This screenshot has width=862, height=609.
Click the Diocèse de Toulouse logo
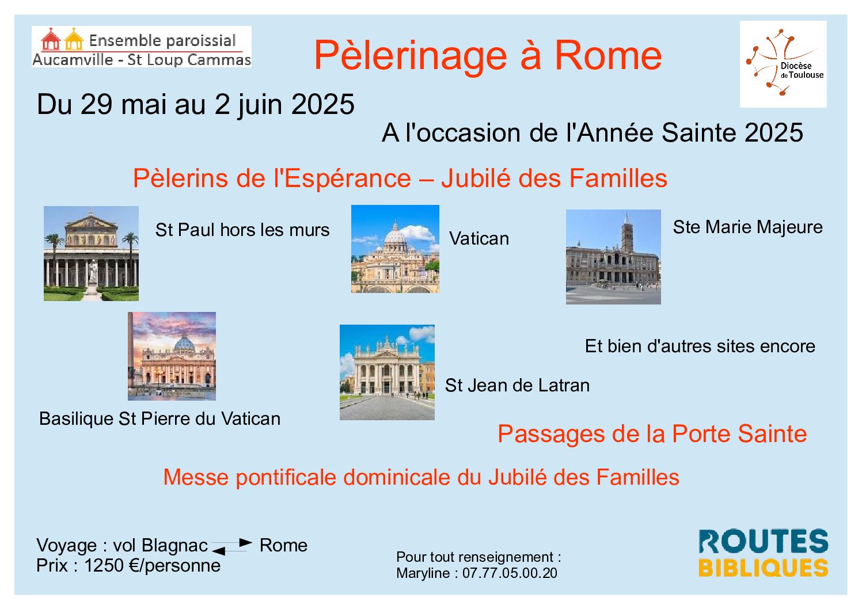tap(783, 64)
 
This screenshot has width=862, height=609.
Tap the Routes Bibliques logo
tap(763, 553)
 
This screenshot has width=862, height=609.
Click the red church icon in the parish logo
tap(51, 39)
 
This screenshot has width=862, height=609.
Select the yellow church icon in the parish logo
tap(74, 39)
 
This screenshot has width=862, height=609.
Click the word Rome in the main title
tap(608, 56)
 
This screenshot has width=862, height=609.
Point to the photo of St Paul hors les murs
tap(91, 253)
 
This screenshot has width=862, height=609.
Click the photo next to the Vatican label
tap(395, 249)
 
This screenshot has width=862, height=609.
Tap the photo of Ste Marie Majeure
tap(613, 257)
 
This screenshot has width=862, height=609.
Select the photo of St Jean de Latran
tap(387, 372)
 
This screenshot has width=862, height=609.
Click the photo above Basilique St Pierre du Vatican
tap(172, 356)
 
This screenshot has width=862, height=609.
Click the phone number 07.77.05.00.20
tap(510, 573)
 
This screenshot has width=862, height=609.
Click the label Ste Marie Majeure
tap(748, 227)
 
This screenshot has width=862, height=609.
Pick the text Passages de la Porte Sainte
tap(652, 434)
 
